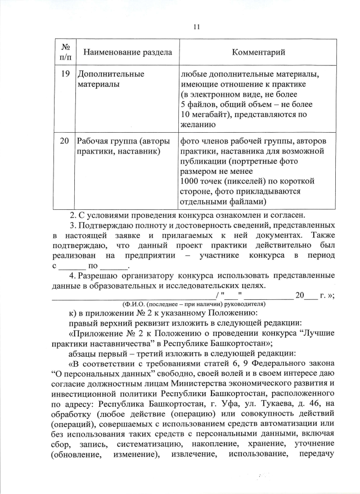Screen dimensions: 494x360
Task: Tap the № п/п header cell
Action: coord(64,52)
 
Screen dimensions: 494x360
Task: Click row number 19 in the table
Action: coord(64,74)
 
